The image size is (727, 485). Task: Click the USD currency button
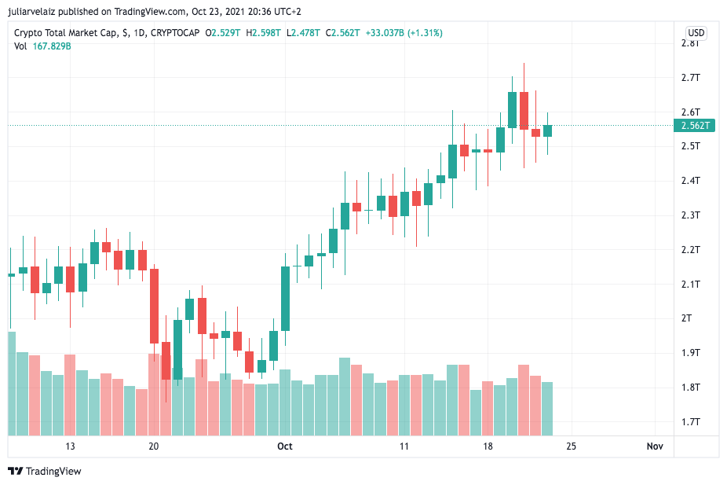tap(696, 32)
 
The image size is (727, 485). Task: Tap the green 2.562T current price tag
tap(696, 125)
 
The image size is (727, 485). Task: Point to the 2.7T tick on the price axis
tap(690, 77)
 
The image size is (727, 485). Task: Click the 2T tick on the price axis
tap(686, 318)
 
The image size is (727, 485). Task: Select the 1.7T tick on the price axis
tap(690, 422)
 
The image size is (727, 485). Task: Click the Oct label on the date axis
tap(284, 446)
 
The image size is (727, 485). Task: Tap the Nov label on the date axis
tap(655, 446)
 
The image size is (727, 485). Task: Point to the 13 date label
tap(70, 446)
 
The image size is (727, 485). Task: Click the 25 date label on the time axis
tap(571, 446)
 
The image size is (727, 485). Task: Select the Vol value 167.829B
tap(52, 46)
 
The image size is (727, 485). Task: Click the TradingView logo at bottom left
tap(45, 471)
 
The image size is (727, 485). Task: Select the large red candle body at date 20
tap(154, 306)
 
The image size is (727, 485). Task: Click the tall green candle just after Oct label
tap(286, 299)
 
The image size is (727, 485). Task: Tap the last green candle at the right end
tap(547, 130)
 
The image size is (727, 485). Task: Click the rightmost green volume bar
tap(547, 408)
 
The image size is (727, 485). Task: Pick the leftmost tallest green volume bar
tap(12, 383)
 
